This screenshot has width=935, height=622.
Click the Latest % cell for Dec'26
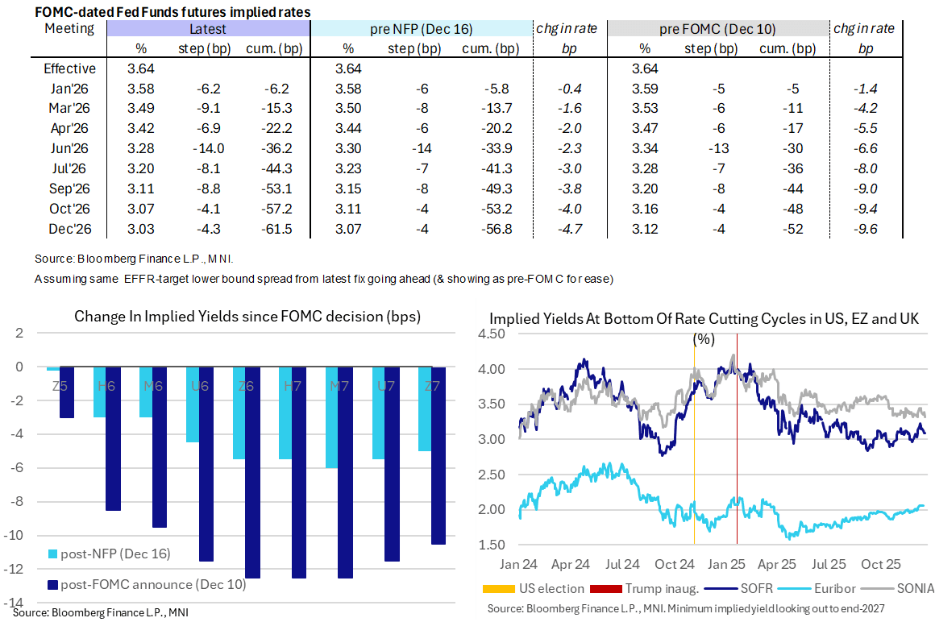[141, 229]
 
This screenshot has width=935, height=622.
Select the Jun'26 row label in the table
[69, 149]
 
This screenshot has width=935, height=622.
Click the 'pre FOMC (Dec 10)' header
[717, 29]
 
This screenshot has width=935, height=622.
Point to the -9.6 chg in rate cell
[865, 229]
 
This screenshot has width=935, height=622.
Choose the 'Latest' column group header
[207, 29]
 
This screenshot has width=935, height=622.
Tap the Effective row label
[69, 68]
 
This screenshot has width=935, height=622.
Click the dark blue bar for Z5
[67, 392]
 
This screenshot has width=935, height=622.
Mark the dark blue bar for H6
[114, 438]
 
